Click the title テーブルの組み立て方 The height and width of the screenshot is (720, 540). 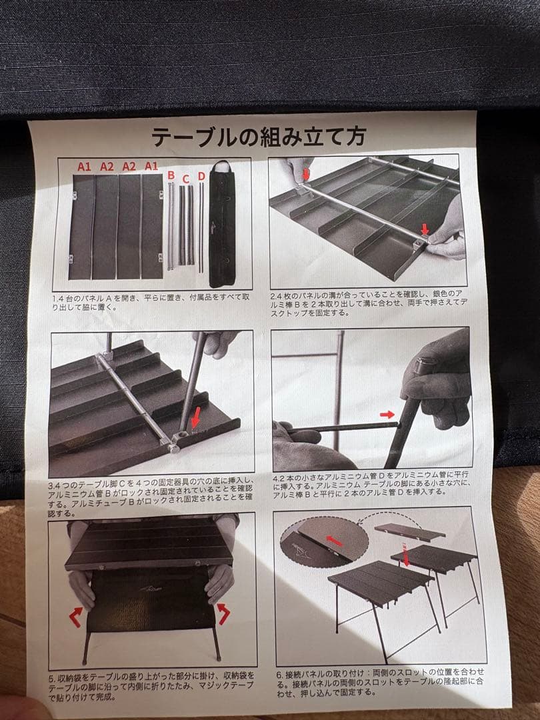pyautogui.click(x=257, y=137)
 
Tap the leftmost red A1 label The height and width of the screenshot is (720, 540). pyautogui.click(x=84, y=167)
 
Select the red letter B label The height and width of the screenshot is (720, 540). pyautogui.click(x=171, y=176)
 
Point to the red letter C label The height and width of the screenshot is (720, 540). pyautogui.click(x=186, y=178)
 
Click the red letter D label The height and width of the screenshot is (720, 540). pyautogui.click(x=201, y=176)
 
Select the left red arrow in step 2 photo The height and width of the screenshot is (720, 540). pyautogui.click(x=306, y=175)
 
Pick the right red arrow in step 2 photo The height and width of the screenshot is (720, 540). pyautogui.click(x=424, y=231)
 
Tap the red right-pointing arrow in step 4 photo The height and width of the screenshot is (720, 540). pyautogui.click(x=387, y=415)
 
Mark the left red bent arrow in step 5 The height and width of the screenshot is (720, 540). pyautogui.click(x=77, y=614)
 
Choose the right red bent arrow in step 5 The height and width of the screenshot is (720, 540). pyautogui.click(x=223, y=612)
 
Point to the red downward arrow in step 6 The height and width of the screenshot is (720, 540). pyautogui.click(x=406, y=559)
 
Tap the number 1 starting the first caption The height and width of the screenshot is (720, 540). pyautogui.click(x=54, y=298)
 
